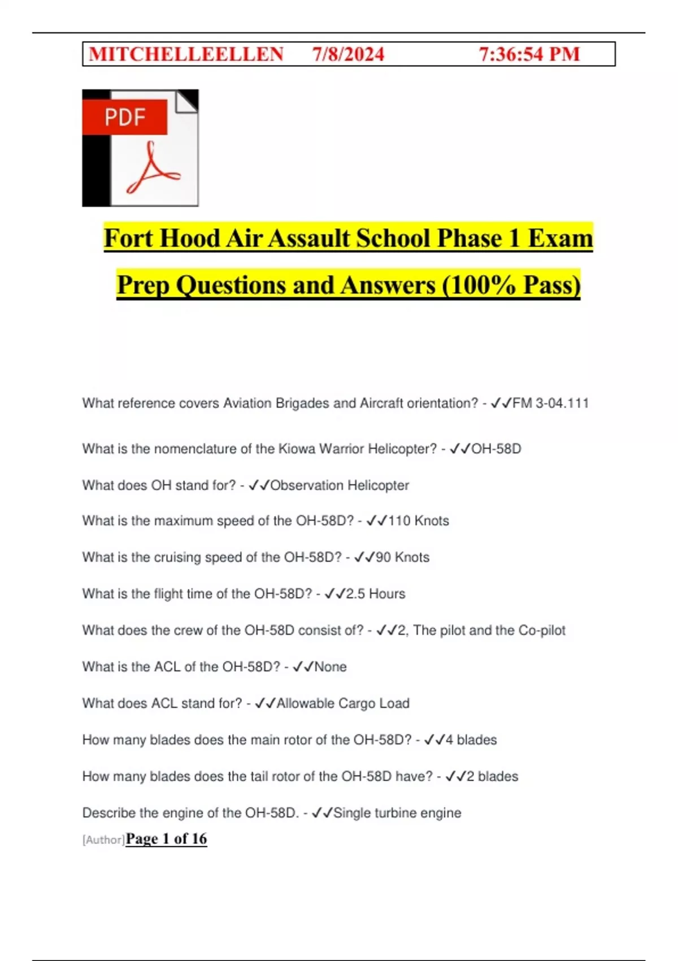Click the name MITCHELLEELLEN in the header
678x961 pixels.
point(186,54)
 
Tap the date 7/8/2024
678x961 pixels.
point(348,54)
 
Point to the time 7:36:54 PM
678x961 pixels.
point(529,54)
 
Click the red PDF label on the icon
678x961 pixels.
point(125,117)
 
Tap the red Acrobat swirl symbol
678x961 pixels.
point(152,169)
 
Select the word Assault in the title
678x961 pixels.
point(311,238)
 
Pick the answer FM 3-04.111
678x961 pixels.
point(550,403)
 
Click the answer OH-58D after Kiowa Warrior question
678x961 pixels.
point(496,449)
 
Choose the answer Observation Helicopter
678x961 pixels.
point(340,485)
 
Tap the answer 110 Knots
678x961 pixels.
point(418,521)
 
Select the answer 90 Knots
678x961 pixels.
point(402,557)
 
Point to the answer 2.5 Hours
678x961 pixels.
point(375,594)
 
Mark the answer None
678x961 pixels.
point(330,667)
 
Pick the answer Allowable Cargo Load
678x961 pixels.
point(342,703)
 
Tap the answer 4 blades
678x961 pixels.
point(471,740)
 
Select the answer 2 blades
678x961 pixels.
point(492,776)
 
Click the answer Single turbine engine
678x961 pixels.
point(397,813)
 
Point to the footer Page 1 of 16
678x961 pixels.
point(166,838)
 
